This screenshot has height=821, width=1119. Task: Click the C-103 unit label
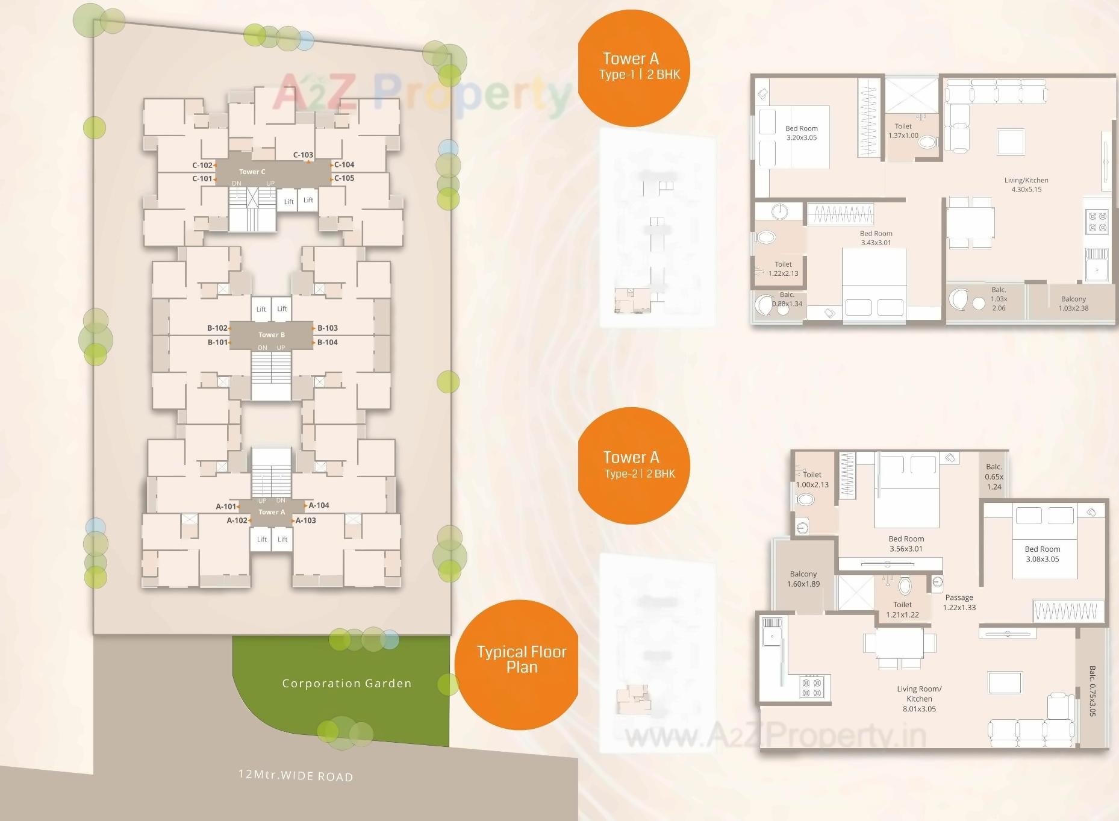pos(303,155)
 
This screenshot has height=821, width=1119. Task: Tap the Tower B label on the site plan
pos(272,335)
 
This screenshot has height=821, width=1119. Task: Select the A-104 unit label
pos(319,505)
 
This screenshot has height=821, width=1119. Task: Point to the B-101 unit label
pos(217,342)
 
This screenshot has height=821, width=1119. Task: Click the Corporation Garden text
pos(347,683)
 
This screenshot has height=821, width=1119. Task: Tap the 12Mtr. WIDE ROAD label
pos(296,775)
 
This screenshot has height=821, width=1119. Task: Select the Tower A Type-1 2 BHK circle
pos(633,67)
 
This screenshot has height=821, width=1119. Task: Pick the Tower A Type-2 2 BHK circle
pos(634,465)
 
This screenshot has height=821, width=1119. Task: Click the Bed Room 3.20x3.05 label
pos(801,133)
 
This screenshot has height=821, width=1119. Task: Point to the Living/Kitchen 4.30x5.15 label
pos(1026,185)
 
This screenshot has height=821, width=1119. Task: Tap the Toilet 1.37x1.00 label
pos(903,131)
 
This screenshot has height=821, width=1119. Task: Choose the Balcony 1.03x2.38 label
pos(1073,304)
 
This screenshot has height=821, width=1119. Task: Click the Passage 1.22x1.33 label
pos(959,602)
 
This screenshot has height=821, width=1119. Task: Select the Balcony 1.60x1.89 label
pos(803,579)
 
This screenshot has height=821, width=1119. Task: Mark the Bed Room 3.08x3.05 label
pos(1042,554)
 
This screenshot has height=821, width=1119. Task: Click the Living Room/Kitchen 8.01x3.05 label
pos(919,699)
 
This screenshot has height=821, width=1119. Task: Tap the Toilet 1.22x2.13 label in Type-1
pos(783,269)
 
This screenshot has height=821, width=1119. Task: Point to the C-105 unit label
pos(344,178)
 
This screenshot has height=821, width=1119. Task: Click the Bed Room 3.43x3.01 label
pos(876,238)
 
